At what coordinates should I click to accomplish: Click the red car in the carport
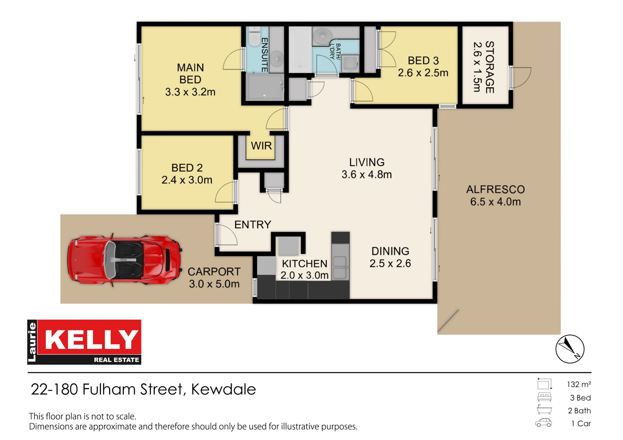tap(124, 260)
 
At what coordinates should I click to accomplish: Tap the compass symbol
tap(570, 349)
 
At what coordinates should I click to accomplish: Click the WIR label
tap(261, 146)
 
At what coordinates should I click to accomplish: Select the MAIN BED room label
tap(190, 74)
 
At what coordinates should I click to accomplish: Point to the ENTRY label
tap(253, 224)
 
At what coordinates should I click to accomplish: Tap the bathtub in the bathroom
tap(300, 50)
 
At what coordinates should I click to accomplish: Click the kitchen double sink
tap(339, 268)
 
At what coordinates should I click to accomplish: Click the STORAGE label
tap(489, 67)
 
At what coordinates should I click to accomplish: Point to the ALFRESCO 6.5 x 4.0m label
tap(495, 196)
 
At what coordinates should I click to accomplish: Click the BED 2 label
tap(187, 168)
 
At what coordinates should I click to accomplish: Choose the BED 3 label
tap(423, 61)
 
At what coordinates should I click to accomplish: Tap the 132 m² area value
tap(579, 384)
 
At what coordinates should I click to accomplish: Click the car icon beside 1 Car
tap(544, 423)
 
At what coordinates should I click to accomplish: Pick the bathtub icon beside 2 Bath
tap(544, 409)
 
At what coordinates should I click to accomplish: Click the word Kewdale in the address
tap(224, 389)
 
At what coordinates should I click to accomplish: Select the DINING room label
tap(390, 251)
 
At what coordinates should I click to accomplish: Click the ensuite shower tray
tap(264, 87)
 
